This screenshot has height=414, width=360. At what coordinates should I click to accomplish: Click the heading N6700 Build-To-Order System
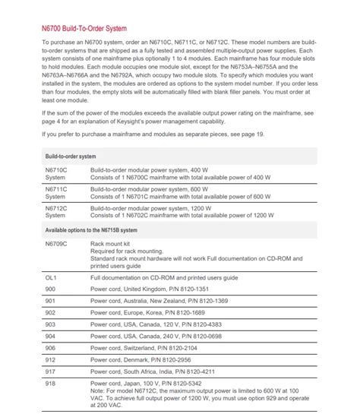85,25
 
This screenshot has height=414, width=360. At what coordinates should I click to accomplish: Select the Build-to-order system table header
71,156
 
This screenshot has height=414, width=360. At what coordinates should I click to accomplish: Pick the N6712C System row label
56,210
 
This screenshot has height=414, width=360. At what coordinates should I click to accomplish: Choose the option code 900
50,289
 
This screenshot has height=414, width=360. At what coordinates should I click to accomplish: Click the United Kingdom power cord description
145,289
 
